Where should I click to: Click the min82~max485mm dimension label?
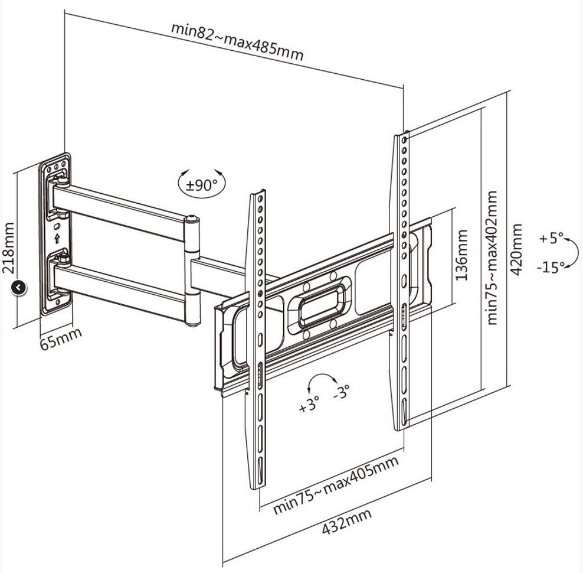pyautogui.click(x=237, y=41)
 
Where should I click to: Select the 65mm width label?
pyautogui.click(x=61, y=338)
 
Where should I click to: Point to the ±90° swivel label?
pyautogui.click(x=201, y=185)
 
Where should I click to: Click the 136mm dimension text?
pyautogui.click(x=461, y=255)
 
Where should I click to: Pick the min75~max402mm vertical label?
pyautogui.click(x=493, y=257)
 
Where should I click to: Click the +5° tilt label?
pyautogui.click(x=551, y=239)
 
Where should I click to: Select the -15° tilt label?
pyautogui.click(x=550, y=267)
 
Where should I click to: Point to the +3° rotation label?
pyautogui.click(x=309, y=406)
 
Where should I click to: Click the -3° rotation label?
pyautogui.click(x=341, y=391)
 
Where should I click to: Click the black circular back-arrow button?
pyautogui.click(x=19, y=288)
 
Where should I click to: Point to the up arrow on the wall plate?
pyautogui.click(x=57, y=239)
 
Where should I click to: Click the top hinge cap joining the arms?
pyautogui.click(x=191, y=221)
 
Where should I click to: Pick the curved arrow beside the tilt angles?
pyautogui.click(x=573, y=253)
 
